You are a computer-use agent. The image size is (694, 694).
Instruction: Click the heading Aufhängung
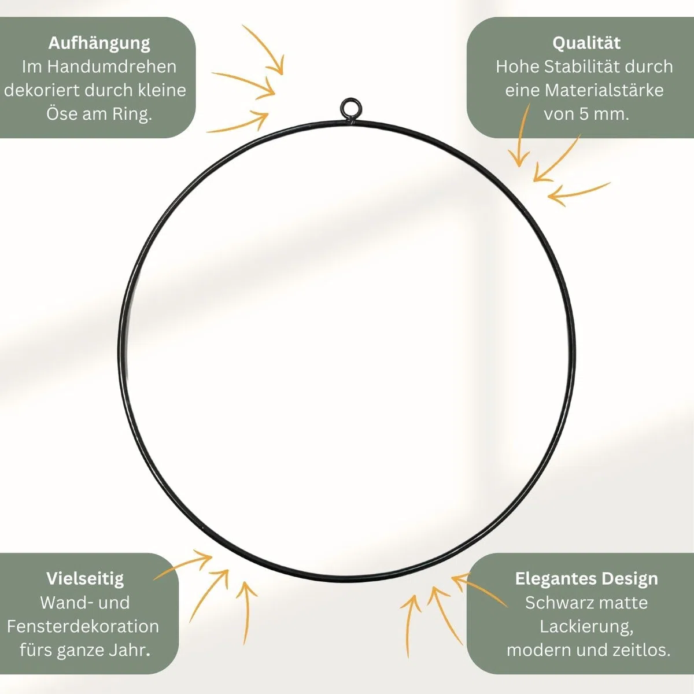(x=99, y=43)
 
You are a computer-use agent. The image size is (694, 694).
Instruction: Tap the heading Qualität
(x=586, y=43)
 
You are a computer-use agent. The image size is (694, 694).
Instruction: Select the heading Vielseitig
(x=85, y=579)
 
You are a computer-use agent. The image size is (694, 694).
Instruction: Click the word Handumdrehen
(x=112, y=67)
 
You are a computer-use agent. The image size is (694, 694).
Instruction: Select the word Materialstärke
(x=604, y=90)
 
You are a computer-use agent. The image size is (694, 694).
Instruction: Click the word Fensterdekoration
(x=83, y=626)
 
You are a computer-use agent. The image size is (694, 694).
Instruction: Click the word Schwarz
(x=554, y=603)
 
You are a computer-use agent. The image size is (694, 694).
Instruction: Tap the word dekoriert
(x=42, y=90)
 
